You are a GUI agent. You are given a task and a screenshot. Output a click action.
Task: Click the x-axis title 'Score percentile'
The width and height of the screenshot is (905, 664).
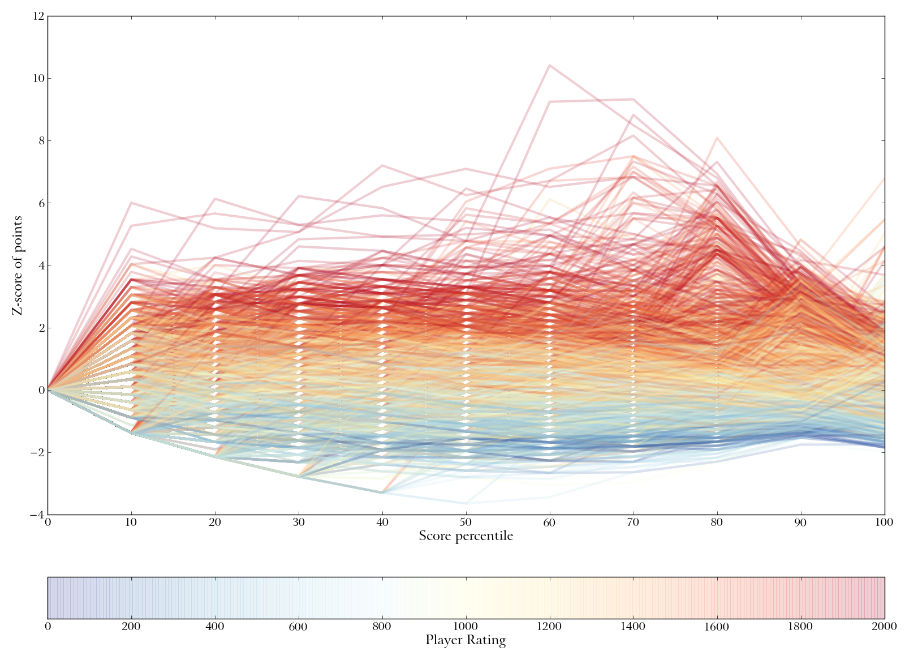pyautogui.click(x=466, y=536)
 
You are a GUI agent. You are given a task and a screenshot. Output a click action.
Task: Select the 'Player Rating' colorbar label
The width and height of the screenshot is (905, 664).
pyautogui.click(x=466, y=641)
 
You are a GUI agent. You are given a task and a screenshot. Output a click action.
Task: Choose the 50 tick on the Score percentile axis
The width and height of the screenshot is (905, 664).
pyautogui.click(x=466, y=522)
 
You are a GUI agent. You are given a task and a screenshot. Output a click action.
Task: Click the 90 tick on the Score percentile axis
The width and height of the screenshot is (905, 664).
pyautogui.click(x=800, y=522)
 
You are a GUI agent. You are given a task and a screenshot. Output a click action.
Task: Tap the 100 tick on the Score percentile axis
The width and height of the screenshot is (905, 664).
pyautogui.click(x=884, y=522)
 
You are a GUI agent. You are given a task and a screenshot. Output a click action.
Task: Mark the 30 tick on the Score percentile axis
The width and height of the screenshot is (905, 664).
pyautogui.click(x=299, y=522)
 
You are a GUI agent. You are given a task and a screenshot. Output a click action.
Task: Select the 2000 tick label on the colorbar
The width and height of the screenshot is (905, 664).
pyautogui.click(x=884, y=627)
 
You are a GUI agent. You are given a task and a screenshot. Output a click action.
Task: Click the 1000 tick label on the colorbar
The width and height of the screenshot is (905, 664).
pyautogui.click(x=466, y=627)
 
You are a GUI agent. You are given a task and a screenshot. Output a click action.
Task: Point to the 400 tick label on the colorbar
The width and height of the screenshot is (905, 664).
pyautogui.click(x=215, y=627)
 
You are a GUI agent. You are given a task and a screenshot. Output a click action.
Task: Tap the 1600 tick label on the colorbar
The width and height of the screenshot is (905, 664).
pyautogui.click(x=717, y=627)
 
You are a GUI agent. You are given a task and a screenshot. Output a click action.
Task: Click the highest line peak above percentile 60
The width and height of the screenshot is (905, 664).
pyautogui.click(x=549, y=66)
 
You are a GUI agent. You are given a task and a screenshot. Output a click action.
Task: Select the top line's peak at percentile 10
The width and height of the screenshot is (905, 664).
pyautogui.click(x=132, y=203)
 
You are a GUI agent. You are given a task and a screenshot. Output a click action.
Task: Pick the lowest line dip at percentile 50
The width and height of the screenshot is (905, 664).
pyautogui.click(x=466, y=503)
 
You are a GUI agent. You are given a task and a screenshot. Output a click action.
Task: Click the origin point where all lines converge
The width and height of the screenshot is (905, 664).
pyautogui.click(x=48, y=390)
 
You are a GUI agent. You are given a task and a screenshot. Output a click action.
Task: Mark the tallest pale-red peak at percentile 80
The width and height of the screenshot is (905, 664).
pyautogui.click(x=717, y=138)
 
